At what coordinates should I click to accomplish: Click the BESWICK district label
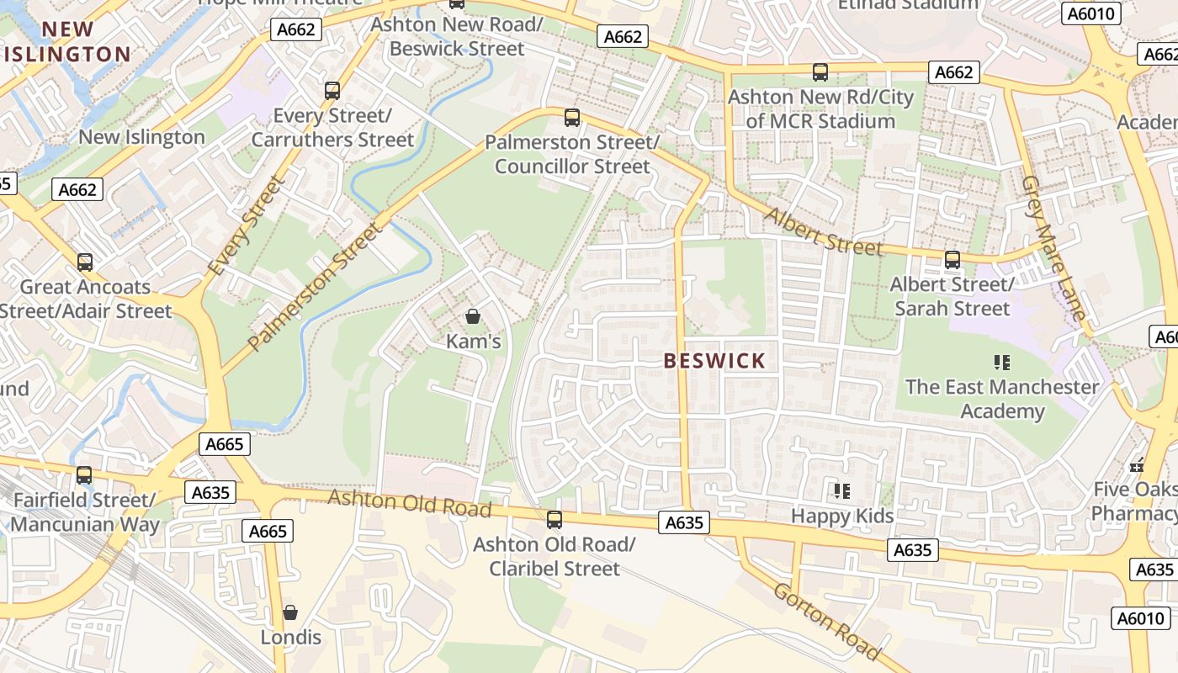[714, 361]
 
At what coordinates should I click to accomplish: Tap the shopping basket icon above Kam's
[473, 316]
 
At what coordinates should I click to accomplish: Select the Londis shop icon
[290, 612]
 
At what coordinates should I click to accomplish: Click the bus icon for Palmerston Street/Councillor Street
[572, 117]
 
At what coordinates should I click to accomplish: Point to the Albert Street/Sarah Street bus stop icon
[952, 259]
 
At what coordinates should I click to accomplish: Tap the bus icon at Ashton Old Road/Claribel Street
[554, 519]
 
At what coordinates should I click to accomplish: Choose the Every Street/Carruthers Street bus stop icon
[332, 90]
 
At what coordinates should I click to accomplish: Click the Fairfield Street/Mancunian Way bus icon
[84, 474]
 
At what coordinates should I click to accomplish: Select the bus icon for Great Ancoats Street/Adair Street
[84, 262]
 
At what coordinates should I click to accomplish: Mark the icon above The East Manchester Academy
[1001, 363]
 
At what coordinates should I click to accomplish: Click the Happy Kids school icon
[841, 490]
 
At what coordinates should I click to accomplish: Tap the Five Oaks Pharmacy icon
[1138, 464]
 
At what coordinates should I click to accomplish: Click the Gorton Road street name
[827, 621]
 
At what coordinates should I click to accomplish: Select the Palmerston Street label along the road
[314, 286]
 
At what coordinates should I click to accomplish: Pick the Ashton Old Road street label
[409, 502]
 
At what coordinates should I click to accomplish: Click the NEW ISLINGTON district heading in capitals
[67, 42]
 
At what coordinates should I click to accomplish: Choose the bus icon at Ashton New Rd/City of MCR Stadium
[820, 72]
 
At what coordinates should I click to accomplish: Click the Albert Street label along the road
[824, 231]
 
